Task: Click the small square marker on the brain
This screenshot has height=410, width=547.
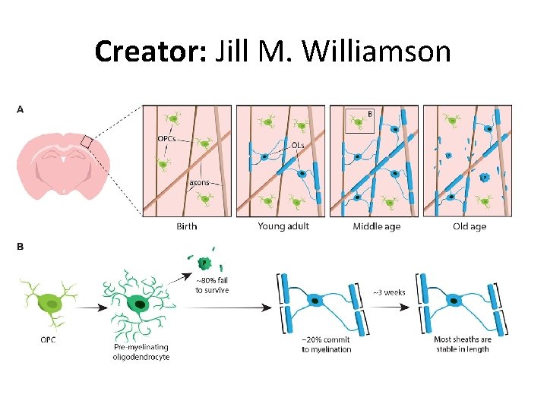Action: click(x=87, y=142)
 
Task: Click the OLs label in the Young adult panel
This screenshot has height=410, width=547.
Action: click(x=299, y=144)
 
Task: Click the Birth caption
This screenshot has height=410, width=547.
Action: click(x=186, y=226)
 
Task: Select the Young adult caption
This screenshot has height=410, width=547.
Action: click(x=283, y=226)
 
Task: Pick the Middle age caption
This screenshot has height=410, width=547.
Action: click(x=376, y=226)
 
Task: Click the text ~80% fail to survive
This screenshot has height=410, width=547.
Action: click(x=212, y=285)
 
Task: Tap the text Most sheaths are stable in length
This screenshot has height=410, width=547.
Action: click(x=462, y=344)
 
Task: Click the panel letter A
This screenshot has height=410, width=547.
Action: click(x=20, y=109)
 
